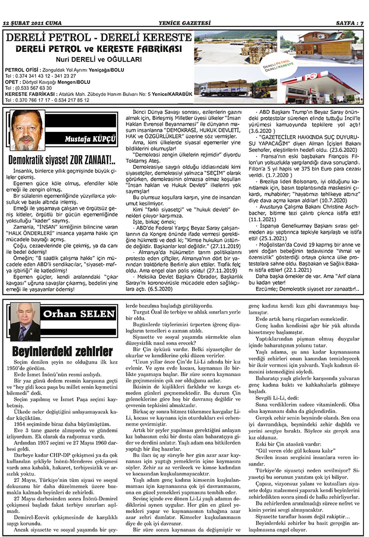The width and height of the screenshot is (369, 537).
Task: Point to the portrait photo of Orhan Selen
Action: tap(25, 321)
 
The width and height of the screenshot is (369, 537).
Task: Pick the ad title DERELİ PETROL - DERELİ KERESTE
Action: tap(98, 38)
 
